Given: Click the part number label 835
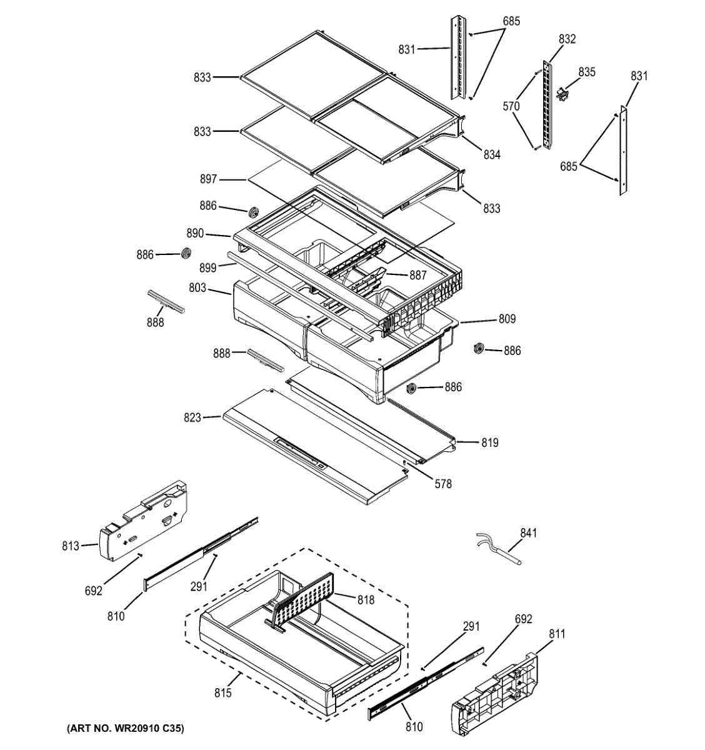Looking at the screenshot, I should point(587,72).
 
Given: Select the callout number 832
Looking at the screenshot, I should point(567,39).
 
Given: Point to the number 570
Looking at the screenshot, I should point(511,106).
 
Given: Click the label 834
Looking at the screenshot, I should point(492,154).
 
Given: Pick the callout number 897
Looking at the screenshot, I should point(208,179).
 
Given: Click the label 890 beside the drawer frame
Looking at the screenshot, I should point(195,233).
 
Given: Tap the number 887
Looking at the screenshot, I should point(417,275).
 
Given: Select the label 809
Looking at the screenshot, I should point(507,319).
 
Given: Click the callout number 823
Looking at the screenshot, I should point(192,417).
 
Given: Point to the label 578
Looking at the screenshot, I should point(443,483).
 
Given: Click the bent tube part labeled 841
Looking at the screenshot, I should point(500,547).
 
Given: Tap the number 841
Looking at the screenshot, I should point(528,533).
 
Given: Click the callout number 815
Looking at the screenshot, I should point(222,692).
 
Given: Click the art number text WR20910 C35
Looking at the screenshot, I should point(126,729).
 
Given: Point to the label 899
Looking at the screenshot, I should point(208,267).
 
